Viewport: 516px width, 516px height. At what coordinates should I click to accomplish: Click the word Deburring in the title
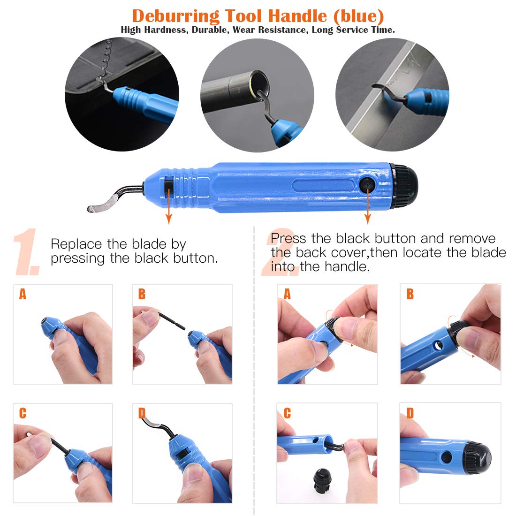coord(175,16)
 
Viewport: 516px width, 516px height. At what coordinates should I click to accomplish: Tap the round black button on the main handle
coord(367,185)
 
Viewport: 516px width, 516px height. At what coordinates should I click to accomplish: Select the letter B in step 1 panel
coord(142,294)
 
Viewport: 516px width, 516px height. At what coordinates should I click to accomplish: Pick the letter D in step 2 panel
coord(410,413)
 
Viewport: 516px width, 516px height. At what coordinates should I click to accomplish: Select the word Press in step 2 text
coord(288,238)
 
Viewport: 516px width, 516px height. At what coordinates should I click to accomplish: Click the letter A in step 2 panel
coord(287,294)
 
